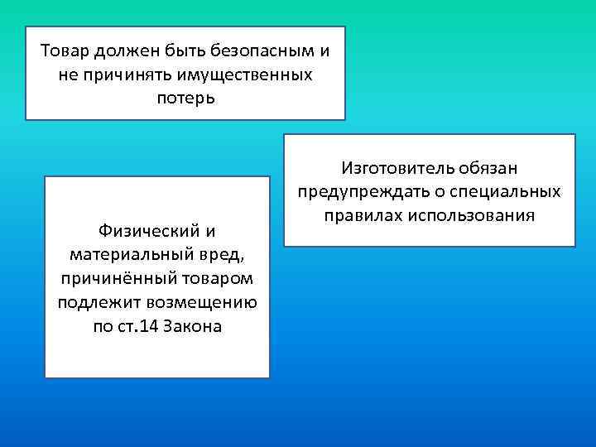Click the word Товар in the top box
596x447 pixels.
pos(65,51)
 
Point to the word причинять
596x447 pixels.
pos(122,75)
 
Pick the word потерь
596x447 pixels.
pos(185,99)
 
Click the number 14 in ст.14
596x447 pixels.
pos(151,324)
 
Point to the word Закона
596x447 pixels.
pos(195,324)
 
